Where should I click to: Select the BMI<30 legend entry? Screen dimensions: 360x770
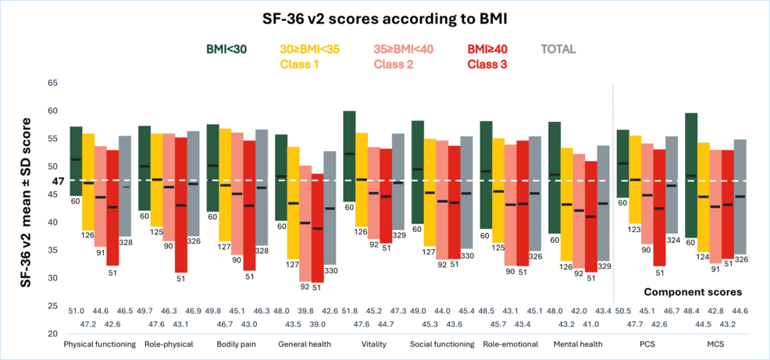(226, 49)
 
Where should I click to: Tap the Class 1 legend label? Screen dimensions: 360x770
(299, 63)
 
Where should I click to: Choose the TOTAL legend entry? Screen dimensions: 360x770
(558, 49)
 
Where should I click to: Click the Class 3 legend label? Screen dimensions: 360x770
(487, 63)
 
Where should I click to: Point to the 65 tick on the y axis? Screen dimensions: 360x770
(52, 83)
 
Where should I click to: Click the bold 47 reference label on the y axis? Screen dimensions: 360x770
(57, 181)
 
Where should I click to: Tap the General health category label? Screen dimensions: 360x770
(305, 344)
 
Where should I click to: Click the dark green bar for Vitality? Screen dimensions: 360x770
(349, 156)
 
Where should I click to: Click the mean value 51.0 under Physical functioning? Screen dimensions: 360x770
(77, 312)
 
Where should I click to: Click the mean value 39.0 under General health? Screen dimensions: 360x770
(317, 323)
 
